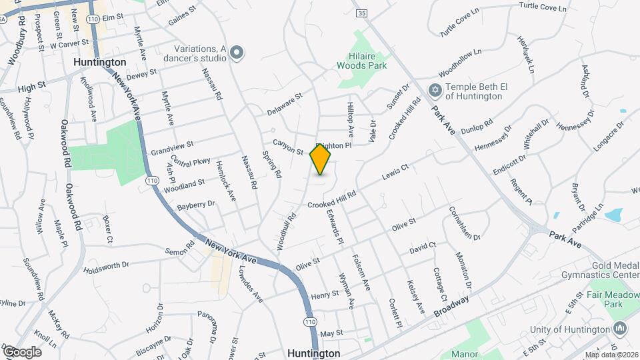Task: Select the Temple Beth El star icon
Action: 435,89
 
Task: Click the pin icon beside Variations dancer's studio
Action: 237,53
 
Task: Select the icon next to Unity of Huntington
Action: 621,329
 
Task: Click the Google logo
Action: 22,351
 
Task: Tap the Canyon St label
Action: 288,146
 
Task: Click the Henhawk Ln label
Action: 527,54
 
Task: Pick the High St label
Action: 31,86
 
